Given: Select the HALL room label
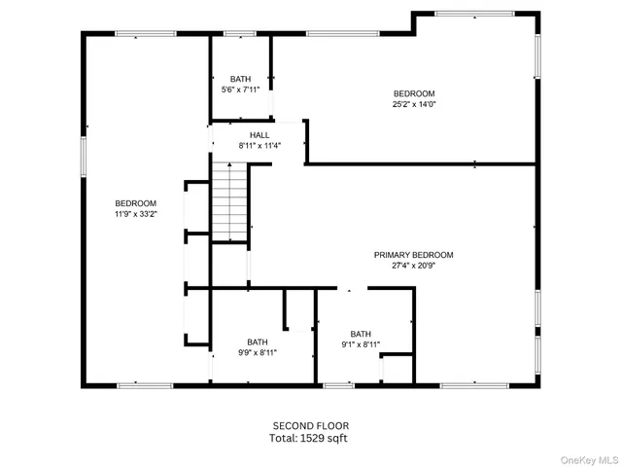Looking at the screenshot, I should point(259,135).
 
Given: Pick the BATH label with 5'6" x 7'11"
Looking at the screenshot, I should point(240,79).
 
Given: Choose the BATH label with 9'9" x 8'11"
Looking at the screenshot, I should point(257,341).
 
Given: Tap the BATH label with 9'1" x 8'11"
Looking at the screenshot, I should point(361,334).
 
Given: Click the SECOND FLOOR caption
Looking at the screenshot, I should point(310,425).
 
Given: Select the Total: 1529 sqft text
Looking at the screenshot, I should point(310,438).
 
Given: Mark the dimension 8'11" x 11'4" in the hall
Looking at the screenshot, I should point(259,146).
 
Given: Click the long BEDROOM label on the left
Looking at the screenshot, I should point(135,203).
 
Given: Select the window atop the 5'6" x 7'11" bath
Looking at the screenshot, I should point(240,34).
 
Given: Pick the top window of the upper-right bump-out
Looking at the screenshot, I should point(474,14).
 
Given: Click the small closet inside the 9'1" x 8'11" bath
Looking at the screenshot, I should point(397,370).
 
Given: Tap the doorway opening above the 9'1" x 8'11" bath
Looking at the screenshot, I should point(352,288).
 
